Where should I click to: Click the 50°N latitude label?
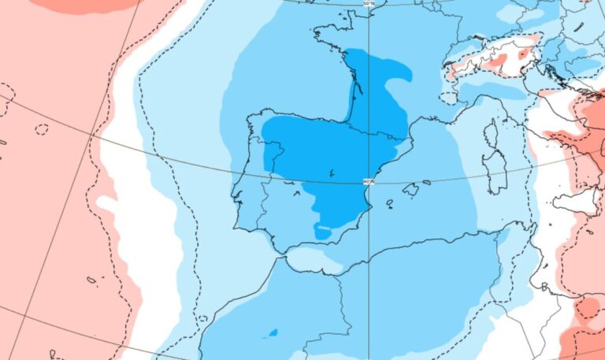[369, 4]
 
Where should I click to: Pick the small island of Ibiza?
[389, 202]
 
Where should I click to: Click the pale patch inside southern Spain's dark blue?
[324, 231]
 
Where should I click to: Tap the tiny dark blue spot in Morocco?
[273, 332]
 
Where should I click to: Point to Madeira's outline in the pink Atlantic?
[91, 280]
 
